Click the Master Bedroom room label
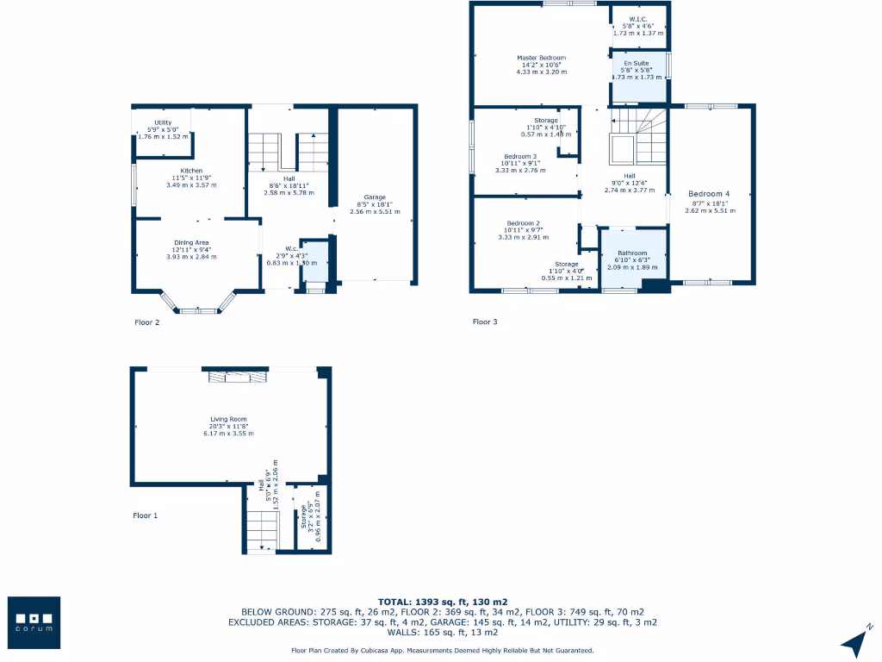click(x=541, y=57)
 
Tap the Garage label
click(x=375, y=197)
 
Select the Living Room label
click(x=228, y=419)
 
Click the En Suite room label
click(x=637, y=64)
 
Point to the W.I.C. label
click(x=638, y=19)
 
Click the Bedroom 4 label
click(x=711, y=194)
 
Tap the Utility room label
click(x=163, y=122)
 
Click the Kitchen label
click(x=191, y=171)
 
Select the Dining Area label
click(x=192, y=242)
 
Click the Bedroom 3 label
click(x=520, y=156)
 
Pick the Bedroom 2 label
click(x=523, y=222)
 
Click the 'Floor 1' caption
click(x=146, y=515)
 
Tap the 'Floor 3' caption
click(x=485, y=322)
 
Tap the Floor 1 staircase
click(x=260, y=528)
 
